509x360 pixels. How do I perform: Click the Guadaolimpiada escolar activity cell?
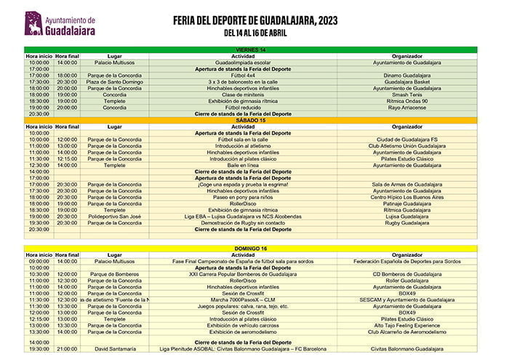point(243,63)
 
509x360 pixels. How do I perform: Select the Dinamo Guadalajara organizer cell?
point(406,75)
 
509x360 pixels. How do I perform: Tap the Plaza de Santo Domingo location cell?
point(114,81)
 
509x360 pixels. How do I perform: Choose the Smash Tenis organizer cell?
point(406,95)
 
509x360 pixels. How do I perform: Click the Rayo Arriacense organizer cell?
point(406,108)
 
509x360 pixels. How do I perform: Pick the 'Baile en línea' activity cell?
point(243,165)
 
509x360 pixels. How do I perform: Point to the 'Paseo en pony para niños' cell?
point(243,197)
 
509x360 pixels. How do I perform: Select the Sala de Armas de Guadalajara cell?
point(406,184)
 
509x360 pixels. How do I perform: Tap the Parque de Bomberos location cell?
point(114,274)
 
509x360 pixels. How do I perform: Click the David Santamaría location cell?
point(114,349)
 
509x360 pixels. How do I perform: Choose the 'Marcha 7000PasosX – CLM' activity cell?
point(243,300)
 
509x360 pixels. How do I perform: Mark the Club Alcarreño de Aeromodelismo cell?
point(406,332)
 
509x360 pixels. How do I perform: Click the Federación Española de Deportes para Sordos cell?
point(406,261)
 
